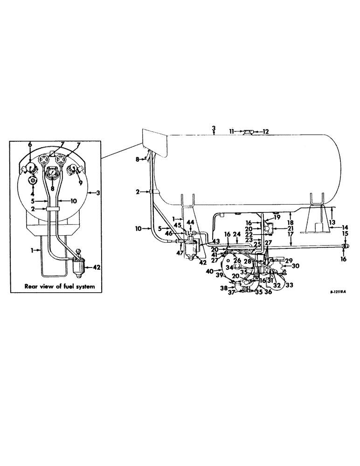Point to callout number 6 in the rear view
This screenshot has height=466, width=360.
(x=30, y=145)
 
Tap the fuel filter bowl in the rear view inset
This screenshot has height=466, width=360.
(x=76, y=269)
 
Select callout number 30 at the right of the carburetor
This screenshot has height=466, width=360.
(x=296, y=266)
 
